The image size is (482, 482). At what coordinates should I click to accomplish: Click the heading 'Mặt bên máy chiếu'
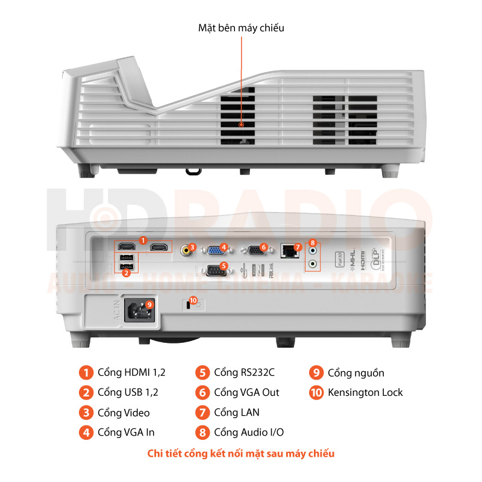[x=241, y=28]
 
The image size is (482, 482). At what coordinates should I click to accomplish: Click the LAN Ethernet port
[x=290, y=251]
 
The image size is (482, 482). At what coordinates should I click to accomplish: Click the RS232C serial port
[x=215, y=270]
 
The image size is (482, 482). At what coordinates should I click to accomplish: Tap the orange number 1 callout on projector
[x=143, y=240]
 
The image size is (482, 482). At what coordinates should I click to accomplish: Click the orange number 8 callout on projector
[x=312, y=243]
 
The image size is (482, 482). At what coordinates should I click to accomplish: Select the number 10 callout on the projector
[x=193, y=299]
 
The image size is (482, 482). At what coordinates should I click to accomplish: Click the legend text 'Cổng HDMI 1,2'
[x=131, y=372]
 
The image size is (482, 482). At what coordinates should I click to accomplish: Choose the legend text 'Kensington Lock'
[x=365, y=393]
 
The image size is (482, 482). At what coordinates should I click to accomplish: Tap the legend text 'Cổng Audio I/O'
[x=249, y=433]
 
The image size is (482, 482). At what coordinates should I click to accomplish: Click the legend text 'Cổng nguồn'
[x=356, y=372]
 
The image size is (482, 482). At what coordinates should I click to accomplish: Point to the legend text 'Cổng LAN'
[x=237, y=413]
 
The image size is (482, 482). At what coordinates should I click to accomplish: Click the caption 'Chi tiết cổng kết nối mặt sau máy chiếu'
[x=241, y=454]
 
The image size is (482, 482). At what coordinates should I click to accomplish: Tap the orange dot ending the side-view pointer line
[x=241, y=125]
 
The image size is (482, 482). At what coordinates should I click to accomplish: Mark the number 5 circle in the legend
[x=203, y=372]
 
